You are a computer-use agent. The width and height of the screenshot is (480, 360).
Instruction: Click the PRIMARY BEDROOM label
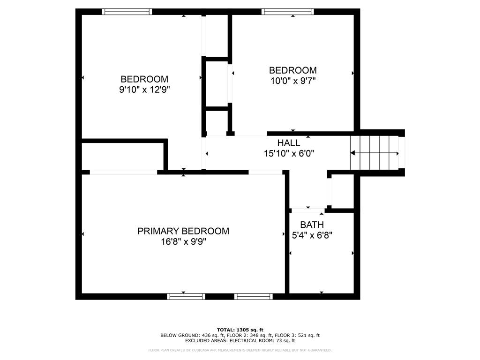click(183, 231)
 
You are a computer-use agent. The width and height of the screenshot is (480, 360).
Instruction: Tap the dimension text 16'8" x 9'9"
click(183, 242)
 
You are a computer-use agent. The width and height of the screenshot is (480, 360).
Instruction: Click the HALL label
click(288, 143)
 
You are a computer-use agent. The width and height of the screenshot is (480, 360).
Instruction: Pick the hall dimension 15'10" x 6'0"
click(288, 153)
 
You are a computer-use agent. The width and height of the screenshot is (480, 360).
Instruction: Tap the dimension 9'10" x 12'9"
click(144, 90)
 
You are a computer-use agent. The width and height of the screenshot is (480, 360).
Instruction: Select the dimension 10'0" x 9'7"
click(292, 81)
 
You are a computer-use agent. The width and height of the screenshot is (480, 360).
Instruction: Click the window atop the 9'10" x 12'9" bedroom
click(127, 12)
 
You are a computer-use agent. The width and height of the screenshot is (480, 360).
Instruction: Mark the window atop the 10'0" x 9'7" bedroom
click(287, 12)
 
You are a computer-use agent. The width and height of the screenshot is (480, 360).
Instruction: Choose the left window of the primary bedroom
click(186, 296)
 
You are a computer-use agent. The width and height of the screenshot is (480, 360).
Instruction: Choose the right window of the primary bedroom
click(253, 296)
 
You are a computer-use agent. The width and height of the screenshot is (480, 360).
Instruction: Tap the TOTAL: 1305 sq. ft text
click(240, 330)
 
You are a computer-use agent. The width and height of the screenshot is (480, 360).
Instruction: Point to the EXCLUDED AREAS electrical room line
click(240, 341)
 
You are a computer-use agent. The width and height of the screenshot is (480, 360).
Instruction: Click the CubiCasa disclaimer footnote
click(240, 350)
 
